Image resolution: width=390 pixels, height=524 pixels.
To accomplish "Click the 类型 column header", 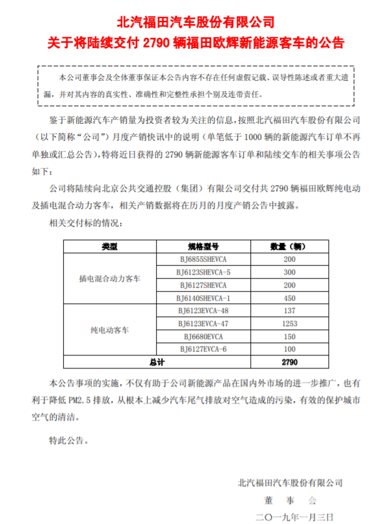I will [109, 247].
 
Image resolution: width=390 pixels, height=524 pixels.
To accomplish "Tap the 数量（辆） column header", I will [289, 247].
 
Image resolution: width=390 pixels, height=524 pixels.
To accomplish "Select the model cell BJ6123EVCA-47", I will [203, 324].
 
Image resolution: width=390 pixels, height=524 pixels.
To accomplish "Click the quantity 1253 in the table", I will [289, 324].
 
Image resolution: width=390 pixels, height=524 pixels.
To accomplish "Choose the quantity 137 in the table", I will [289, 311].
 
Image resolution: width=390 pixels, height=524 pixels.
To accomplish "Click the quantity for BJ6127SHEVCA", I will [289, 285].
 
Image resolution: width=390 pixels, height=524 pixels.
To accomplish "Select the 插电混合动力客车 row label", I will [109, 279].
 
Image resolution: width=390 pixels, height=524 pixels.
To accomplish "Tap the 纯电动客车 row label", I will [109, 330].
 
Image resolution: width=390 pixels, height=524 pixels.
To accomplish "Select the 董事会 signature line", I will [289, 499].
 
